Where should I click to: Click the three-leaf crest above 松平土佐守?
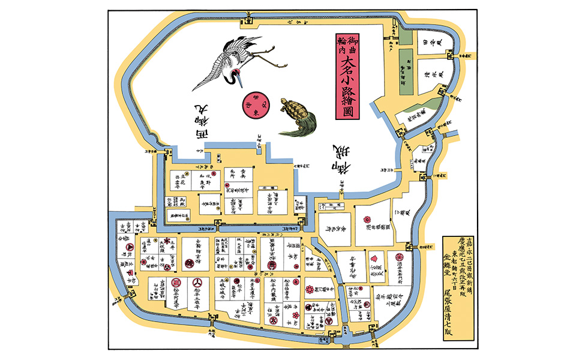[x=198, y=283]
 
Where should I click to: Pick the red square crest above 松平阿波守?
[x=176, y=282]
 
